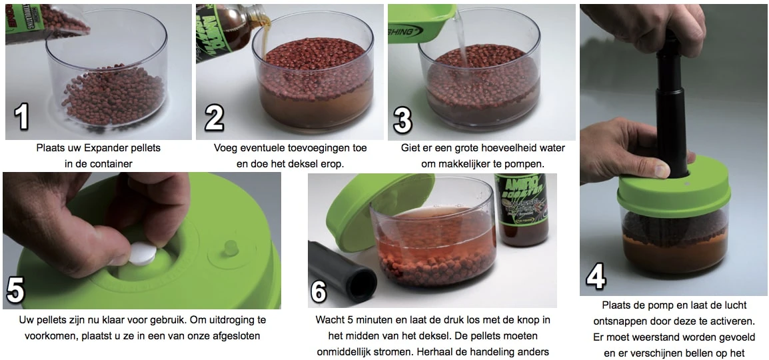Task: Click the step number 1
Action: [22, 116]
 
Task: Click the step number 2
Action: [214, 117]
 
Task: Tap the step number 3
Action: [402, 119]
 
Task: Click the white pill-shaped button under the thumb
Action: [143, 254]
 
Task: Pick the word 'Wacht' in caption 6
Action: [329, 319]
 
